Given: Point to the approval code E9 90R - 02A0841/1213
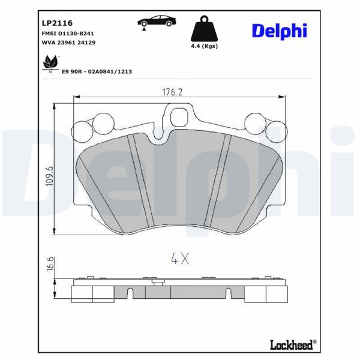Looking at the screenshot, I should point(97,71).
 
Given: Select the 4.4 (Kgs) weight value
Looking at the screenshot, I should point(204,46).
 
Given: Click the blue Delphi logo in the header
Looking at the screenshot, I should point(278,29).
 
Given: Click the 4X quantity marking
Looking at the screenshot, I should point(180,259).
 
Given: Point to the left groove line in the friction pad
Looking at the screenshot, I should point(137,183).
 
